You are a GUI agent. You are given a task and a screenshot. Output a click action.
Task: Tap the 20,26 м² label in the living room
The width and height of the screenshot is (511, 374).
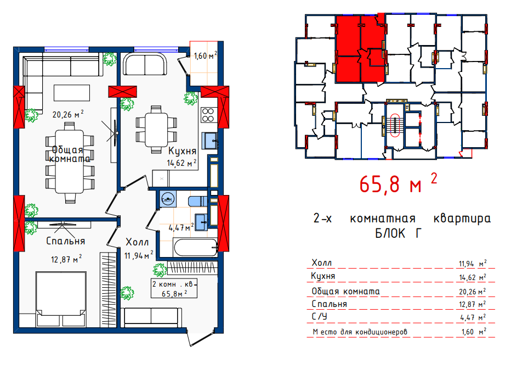click(x=68, y=114)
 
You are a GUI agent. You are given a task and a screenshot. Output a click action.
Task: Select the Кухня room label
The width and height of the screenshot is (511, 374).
click(x=182, y=151)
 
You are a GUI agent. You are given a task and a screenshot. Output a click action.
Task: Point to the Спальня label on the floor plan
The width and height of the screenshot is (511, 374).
click(x=65, y=241)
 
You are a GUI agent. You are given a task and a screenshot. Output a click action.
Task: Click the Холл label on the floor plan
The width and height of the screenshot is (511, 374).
click(x=137, y=242)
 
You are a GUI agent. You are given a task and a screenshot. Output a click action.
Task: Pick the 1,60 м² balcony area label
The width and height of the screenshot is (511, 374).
click(x=205, y=55)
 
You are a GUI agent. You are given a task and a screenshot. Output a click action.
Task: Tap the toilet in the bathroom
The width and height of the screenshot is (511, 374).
click(x=198, y=201)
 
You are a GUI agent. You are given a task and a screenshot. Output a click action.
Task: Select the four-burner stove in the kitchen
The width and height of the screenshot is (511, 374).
click(x=208, y=115)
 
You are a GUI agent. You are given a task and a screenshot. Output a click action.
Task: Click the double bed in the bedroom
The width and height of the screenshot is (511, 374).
click(x=61, y=298)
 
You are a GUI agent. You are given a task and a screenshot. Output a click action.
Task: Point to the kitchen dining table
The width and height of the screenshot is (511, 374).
click(x=156, y=130)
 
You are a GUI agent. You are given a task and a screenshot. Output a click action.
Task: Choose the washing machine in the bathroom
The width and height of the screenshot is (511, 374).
click(x=168, y=199)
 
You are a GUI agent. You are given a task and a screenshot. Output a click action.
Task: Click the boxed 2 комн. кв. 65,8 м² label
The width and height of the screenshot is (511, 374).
click(x=174, y=288)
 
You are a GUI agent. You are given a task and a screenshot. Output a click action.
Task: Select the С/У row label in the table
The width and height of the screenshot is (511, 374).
click(x=319, y=316)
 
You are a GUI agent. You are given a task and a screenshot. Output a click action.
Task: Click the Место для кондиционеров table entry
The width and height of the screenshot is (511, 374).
click(x=360, y=332)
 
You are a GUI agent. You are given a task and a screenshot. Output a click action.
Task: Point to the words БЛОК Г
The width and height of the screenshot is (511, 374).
click(x=398, y=233)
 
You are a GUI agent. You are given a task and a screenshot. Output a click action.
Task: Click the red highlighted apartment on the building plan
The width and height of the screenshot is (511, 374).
click(x=360, y=48)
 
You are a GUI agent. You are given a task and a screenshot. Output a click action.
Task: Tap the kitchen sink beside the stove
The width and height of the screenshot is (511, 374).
click(x=209, y=141)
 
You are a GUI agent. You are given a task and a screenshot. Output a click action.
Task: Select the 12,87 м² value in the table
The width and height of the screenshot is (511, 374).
click(x=473, y=304)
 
